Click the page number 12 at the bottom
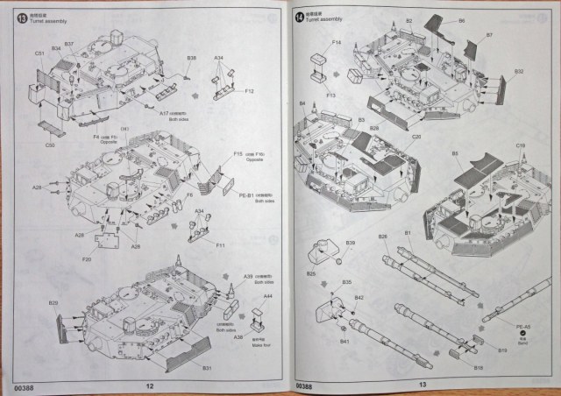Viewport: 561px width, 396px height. [149, 385]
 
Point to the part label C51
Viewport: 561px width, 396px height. [40, 54]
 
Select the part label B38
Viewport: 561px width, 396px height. [191, 59]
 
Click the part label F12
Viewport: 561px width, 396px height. [250, 91]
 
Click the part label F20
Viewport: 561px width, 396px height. [86, 259]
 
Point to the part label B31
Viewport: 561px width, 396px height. [208, 369]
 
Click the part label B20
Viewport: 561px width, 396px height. [53, 304]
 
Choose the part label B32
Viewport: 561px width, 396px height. [519, 72]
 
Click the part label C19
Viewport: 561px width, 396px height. [520, 145]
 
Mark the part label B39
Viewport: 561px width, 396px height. [350, 243]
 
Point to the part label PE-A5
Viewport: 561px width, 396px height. [524, 328]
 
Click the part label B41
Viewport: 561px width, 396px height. [343, 342]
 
